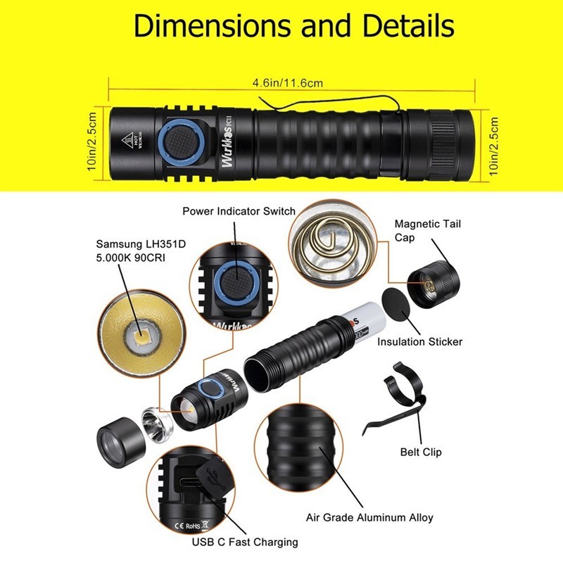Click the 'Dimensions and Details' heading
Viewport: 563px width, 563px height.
point(294,27)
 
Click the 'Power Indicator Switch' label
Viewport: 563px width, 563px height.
point(239,211)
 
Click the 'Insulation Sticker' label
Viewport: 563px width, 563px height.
point(419,342)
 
